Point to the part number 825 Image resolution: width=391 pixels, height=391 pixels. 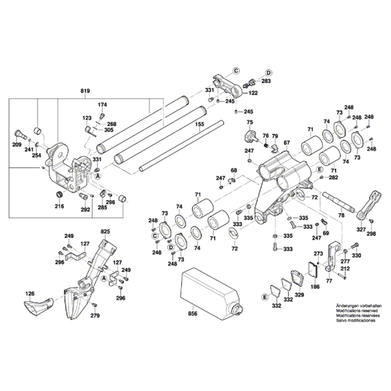(106, 232)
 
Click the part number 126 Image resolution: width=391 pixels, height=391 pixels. (30, 295)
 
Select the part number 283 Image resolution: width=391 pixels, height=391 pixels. (266, 81)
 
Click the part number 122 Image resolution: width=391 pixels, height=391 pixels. (253, 93)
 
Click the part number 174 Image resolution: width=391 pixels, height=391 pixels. (102, 105)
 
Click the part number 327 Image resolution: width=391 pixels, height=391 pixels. (360, 230)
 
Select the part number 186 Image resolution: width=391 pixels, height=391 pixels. (315, 287)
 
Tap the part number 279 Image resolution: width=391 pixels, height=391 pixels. (95, 316)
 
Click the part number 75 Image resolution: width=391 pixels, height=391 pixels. (249, 123)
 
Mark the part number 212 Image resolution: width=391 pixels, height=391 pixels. (346, 268)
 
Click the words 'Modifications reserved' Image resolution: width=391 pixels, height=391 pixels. (355, 311)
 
